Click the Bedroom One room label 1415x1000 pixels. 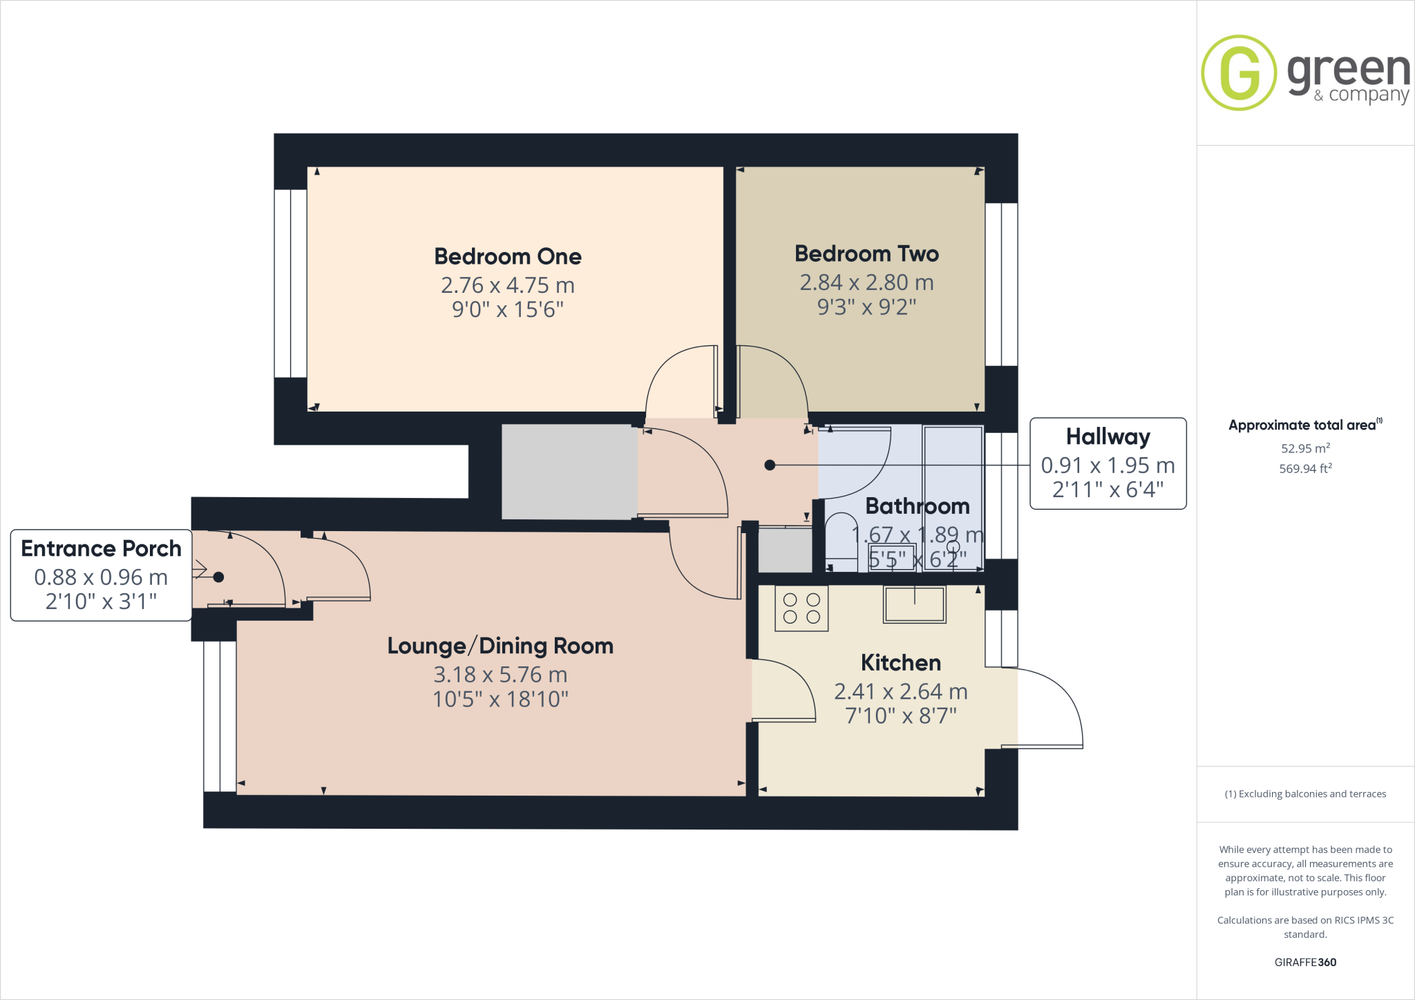click(x=507, y=256)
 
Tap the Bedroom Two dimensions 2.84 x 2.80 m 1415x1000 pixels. click(x=866, y=282)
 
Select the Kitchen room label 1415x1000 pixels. click(x=900, y=662)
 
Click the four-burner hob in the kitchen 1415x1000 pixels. click(x=801, y=608)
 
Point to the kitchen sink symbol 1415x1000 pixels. click(x=915, y=604)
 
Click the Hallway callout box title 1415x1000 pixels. click(x=1108, y=436)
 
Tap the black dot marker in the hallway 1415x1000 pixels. click(x=770, y=465)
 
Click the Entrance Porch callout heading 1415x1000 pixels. click(x=101, y=548)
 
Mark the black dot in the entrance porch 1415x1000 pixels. click(x=218, y=577)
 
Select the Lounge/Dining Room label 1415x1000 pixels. click(x=500, y=646)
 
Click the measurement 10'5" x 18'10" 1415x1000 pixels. click(x=500, y=700)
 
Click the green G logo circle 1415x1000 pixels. click(x=1239, y=73)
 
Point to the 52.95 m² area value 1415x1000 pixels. click(x=1305, y=448)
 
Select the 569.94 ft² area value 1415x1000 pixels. click(x=1305, y=469)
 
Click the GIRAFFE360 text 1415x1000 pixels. click(x=1305, y=962)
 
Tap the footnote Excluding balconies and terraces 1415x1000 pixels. click(x=1305, y=794)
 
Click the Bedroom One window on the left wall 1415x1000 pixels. click(x=290, y=283)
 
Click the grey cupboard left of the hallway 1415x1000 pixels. click(x=569, y=472)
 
